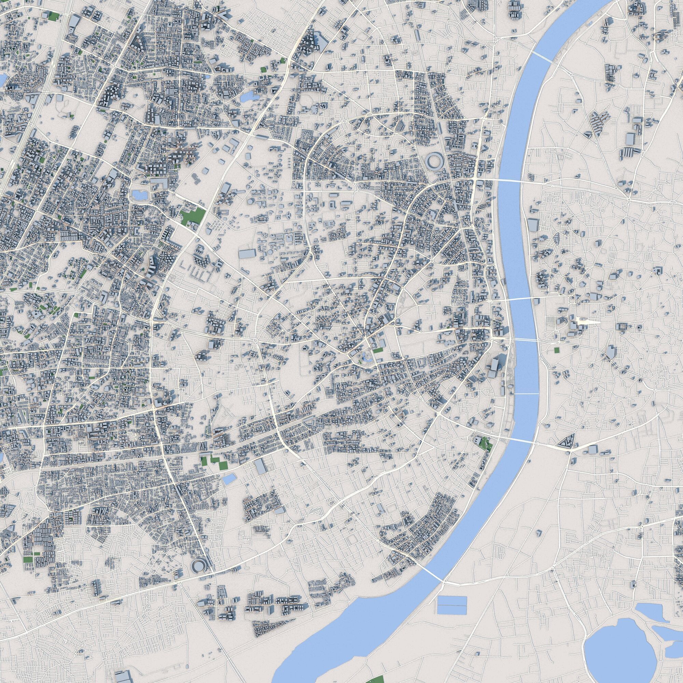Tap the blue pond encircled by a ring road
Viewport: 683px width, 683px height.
click(138, 194)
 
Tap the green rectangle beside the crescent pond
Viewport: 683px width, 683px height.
click(378, 350)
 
